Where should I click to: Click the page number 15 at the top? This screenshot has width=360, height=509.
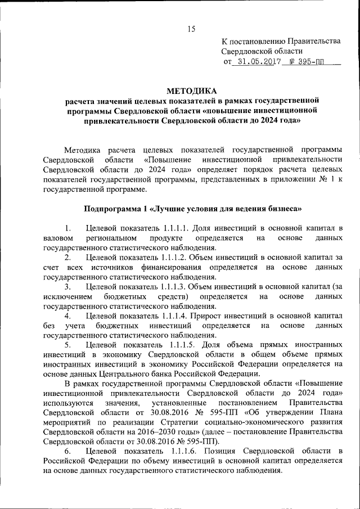point(191,29)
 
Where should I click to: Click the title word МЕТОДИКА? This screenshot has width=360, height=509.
point(191,91)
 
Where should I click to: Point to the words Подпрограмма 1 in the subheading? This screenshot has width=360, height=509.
point(113,209)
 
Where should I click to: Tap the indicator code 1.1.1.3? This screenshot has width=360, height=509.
point(173,286)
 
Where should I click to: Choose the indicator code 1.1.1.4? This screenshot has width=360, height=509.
point(173,316)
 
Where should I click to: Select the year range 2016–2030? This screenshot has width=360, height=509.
point(124,432)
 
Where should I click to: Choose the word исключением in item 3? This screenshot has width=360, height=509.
point(67,296)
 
